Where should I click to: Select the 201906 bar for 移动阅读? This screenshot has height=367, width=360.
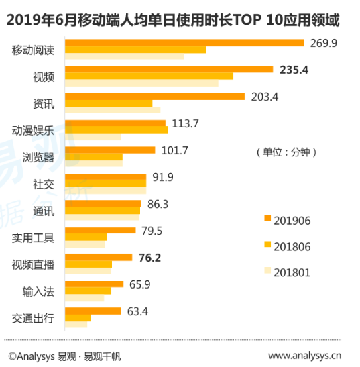(x=185, y=43)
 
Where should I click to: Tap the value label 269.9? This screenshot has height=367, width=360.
(x=324, y=43)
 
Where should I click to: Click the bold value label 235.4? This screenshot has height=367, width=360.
(x=293, y=69)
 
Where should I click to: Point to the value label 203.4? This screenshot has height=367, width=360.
(x=264, y=97)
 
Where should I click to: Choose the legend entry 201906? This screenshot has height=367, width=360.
(x=287, y=219)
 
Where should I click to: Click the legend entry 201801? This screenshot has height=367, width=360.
(x=287, y=272)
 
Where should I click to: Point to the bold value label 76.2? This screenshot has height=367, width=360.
(x=151, y=257)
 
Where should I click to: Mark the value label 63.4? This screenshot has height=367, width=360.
(x=138, y=311)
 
